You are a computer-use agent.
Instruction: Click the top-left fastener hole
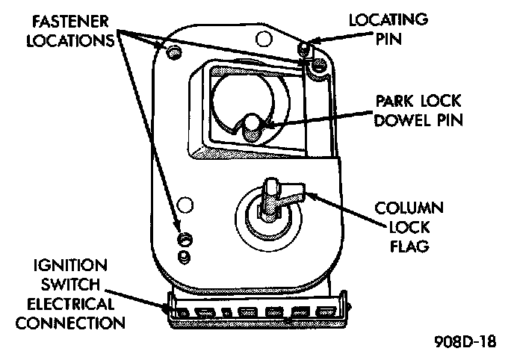[175, 52]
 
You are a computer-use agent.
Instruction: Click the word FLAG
[409, 246]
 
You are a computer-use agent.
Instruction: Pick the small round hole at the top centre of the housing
[261, 37]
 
